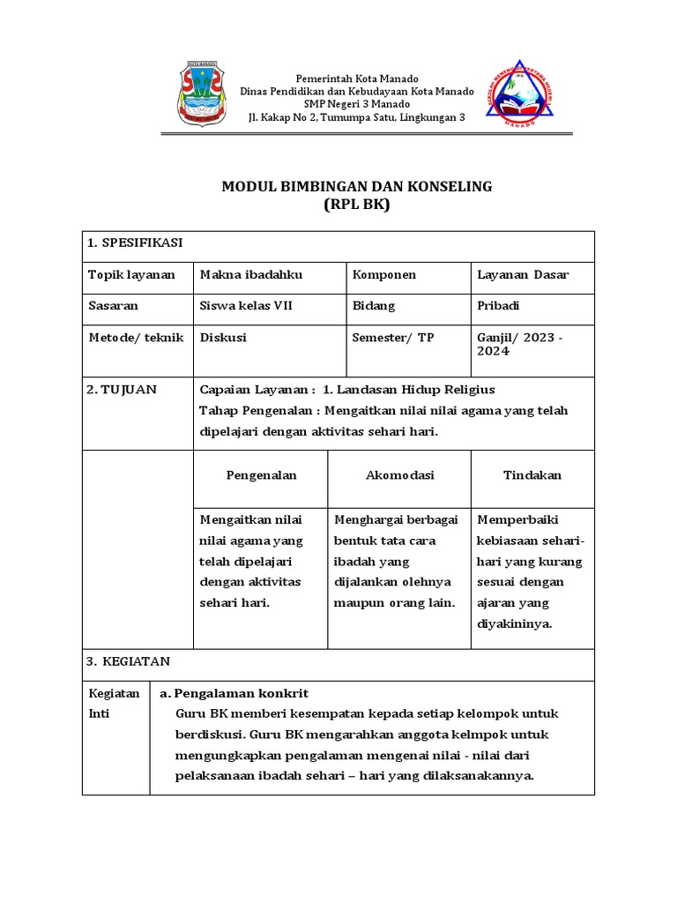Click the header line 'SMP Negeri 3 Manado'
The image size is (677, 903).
356,104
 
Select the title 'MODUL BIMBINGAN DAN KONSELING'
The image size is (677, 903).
356,187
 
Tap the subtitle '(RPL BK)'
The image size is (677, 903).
356,205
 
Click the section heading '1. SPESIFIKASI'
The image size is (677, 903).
135,243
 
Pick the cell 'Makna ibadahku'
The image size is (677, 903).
252,274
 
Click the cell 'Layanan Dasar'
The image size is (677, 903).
523,274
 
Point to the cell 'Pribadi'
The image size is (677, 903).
499,306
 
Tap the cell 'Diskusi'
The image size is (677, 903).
224,337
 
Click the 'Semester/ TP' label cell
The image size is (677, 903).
393,337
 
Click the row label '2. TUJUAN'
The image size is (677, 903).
122,390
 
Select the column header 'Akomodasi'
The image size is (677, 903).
400,475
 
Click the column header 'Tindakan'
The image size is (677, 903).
532,475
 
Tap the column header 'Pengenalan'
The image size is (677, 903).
261,475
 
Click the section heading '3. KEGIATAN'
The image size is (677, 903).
129,661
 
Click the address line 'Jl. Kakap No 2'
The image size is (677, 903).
356,117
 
